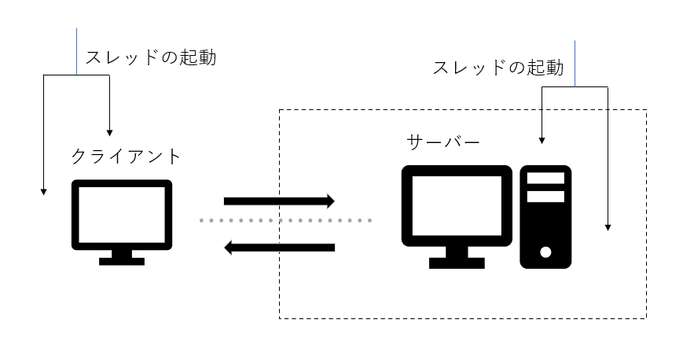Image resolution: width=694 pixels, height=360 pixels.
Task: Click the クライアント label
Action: coord(126,156)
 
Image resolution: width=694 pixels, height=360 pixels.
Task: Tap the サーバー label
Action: coord(442,142)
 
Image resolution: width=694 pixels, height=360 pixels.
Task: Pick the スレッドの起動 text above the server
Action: coord(498,68)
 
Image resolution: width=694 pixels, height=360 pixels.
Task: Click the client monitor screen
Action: coord(121,214)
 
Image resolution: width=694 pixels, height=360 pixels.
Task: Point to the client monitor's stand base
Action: coord(122,260)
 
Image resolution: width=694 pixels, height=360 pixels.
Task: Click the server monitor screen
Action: coord(457,206)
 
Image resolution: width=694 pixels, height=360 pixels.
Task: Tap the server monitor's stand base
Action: coord(457,263)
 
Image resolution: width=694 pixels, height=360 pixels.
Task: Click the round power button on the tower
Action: coord(545,252)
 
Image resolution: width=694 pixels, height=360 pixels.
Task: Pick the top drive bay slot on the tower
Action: coord(545,178)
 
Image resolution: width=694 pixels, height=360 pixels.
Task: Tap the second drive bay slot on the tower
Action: coord(545,196)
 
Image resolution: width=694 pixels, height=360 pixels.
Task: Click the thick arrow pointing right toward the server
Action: coord(279,201)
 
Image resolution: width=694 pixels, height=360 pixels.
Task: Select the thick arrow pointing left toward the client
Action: coord(279,248)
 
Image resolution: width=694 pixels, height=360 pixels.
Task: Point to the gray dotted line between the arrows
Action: coord(286,221)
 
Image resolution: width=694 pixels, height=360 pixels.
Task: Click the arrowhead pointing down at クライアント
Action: coord(109,130)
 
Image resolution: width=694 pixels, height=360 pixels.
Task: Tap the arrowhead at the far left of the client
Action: coord(43,191)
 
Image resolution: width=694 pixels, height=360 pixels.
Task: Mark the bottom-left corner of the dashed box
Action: coord(280,318)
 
